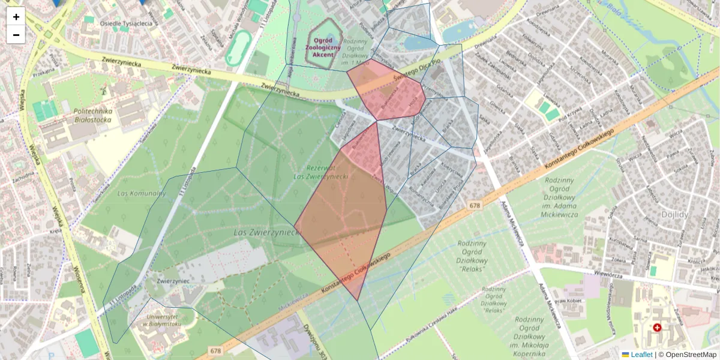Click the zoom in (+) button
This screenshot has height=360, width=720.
(x=16, y=17)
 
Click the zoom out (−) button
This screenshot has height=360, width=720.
(x=16, y=35)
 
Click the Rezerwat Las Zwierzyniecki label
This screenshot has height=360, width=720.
(x=321, y=172)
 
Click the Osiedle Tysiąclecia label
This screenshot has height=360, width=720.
(x=126, y=24)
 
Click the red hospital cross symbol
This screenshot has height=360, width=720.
(x=657, y=328)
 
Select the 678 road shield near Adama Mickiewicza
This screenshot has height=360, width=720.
(x=475, y=205)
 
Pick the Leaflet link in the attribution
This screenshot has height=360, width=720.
(x=641, y=355)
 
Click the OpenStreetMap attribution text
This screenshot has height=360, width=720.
(x=690, y=355)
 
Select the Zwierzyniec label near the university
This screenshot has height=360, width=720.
(x=157, y=280)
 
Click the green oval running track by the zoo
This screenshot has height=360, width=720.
(x=239, y=48)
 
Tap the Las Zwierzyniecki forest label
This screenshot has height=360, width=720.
(x=268, y=231)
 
